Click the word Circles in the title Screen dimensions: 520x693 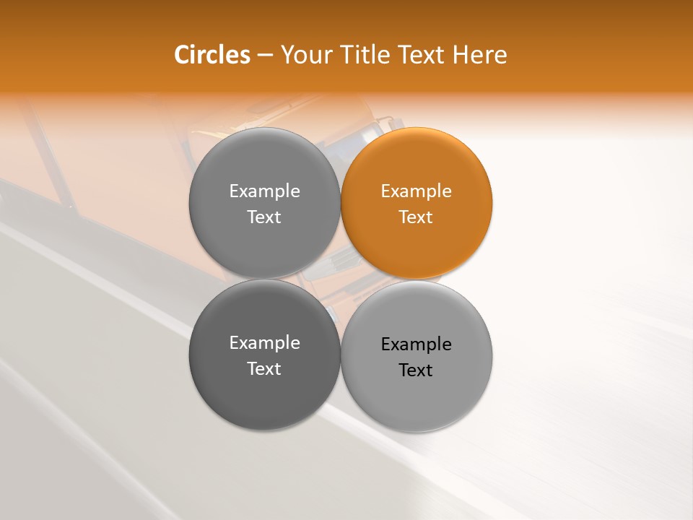coord(212,55)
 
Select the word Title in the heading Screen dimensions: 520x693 coord(367,55)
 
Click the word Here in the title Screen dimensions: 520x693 coord(481,55)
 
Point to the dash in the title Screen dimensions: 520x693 coord(265,56)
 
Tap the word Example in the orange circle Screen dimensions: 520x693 coord(417,191)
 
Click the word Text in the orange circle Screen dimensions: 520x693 coord(416,217)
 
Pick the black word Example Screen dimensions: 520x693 coord(417,344)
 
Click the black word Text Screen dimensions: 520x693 coord(416,370)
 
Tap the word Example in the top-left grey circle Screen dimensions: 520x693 coord(264,191)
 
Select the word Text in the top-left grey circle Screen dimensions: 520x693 coord(264,217)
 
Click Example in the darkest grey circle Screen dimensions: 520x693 coord(264,342)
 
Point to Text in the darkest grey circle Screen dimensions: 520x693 coord(264,368)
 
